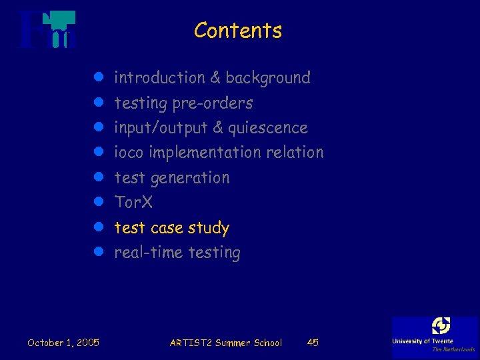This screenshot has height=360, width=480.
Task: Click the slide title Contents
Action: coord(238,31)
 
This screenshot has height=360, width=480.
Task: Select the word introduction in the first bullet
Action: coord(160,78)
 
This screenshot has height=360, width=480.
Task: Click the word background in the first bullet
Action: coord(268,78)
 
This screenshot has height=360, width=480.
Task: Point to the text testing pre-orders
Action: coord(184,103)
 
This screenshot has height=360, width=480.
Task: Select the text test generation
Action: coord(172,178)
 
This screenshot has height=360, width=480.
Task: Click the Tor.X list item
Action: coord(134,202)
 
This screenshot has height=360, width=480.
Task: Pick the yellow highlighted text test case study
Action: coord(172,228)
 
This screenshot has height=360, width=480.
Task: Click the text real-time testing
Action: coord(177,253)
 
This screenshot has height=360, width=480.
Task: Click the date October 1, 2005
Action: coord(63,343)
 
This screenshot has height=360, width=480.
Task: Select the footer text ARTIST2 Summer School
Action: coord(226,343)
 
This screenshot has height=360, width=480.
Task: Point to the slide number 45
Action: coord(313,343)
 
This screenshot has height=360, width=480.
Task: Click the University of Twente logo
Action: coord(434,336)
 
